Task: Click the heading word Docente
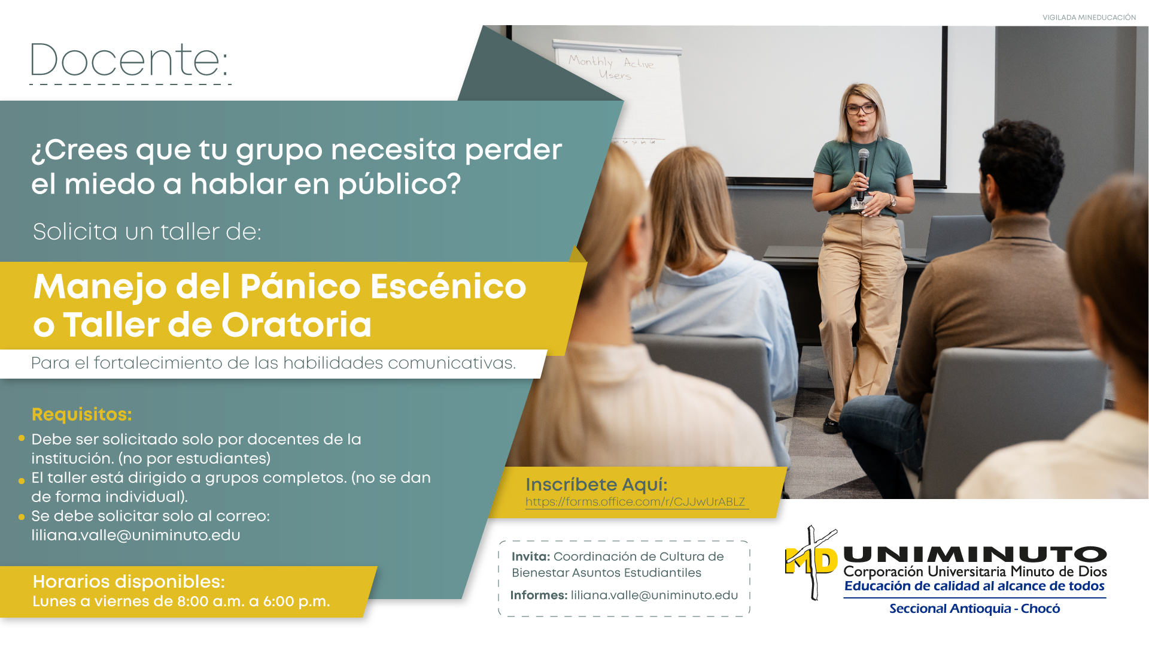pos(129,60)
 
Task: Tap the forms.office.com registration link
pos(636,502)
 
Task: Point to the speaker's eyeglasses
pos(861,109)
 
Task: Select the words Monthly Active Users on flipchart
pos(611,67)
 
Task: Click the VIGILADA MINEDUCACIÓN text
pos(1089,17)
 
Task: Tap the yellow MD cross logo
pos(811,563)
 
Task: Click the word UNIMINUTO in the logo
pos(975,555)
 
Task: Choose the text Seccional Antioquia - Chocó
pos(974,609)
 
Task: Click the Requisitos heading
pos(81,414)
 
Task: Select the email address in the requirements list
pos(136,535)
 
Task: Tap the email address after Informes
pos(654,595)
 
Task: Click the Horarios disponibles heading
pos(129,581)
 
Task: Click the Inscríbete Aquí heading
pos(596,484)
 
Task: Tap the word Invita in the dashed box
pos(531,557)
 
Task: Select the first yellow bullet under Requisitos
pos(22,439)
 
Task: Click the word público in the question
pos(400,184)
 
